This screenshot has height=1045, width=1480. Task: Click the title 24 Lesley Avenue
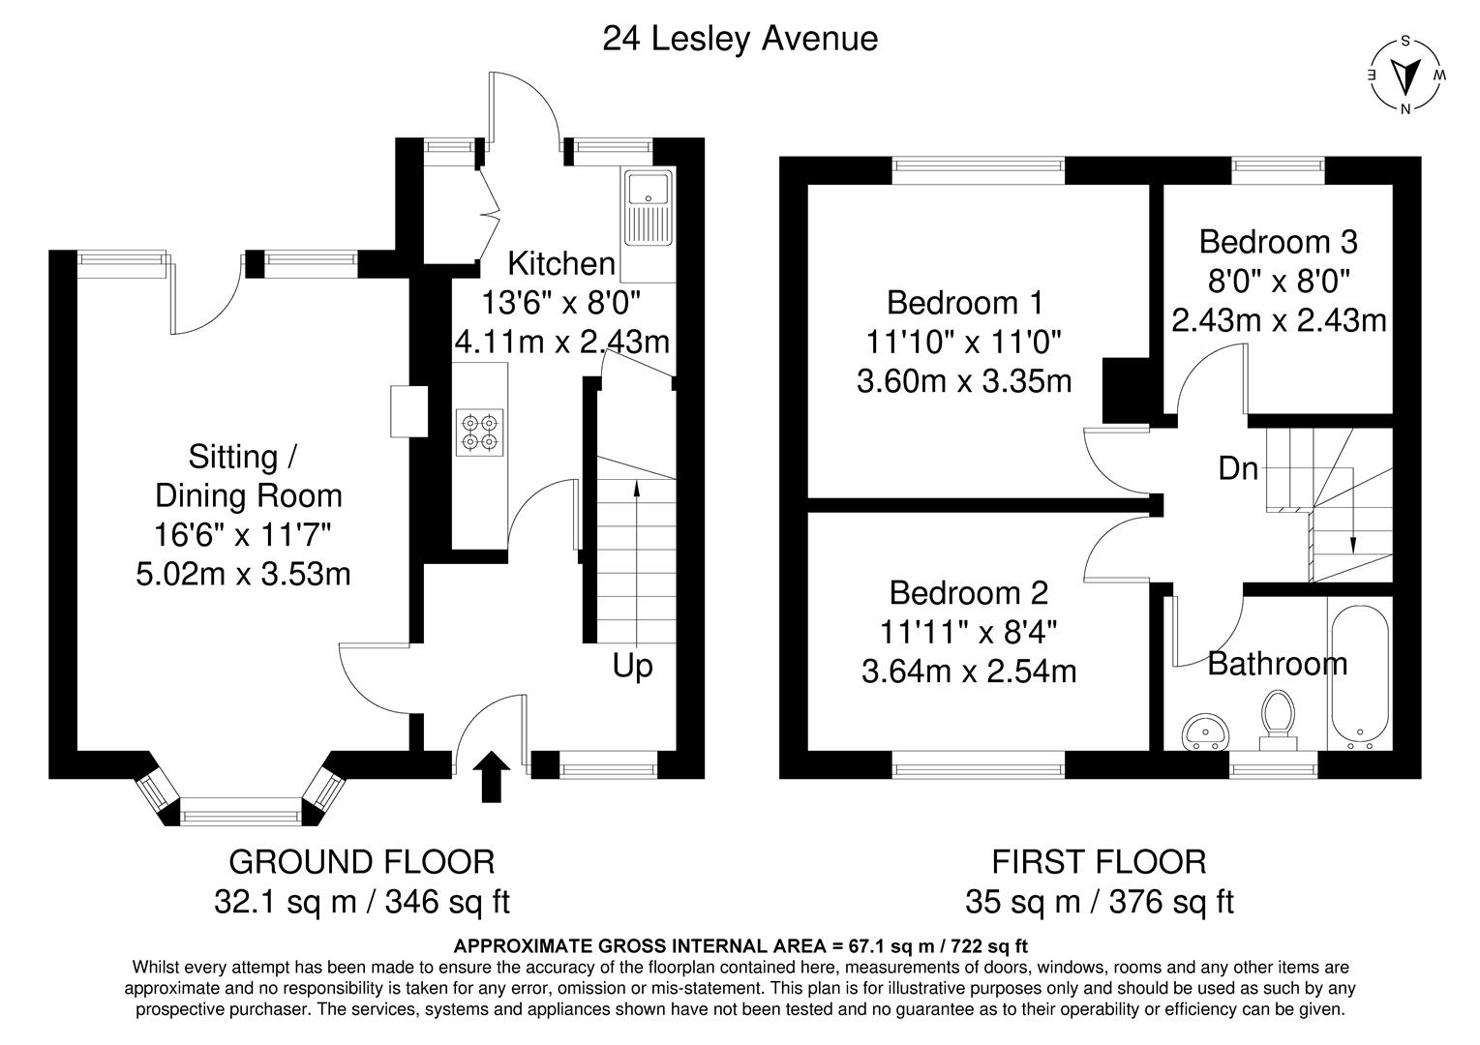pos(740,39)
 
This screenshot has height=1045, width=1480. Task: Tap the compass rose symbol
pos(1405,75)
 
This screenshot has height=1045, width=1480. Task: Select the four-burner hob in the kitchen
pos(481,432)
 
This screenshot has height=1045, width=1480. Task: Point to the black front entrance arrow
pos(492,777)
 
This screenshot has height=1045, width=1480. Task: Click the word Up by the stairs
pos(632,666)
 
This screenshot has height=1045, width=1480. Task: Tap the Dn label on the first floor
pos(1238,469)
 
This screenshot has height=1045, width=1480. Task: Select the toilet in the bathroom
pos(1279,718)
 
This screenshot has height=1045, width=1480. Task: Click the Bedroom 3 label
pos(1278,240)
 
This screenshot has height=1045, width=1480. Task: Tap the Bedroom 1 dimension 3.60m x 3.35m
pos(964,381)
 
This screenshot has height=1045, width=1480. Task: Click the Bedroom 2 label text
pos(968,592)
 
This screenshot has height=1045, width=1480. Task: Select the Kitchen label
pos(561,263)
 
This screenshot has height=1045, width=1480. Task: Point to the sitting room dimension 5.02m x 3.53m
pos(243,574)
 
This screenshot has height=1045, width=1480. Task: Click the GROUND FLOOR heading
pos(361,860)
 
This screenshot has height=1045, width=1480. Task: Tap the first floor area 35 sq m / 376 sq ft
pos(1099,902)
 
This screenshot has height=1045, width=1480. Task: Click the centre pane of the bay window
pos(241,811)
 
